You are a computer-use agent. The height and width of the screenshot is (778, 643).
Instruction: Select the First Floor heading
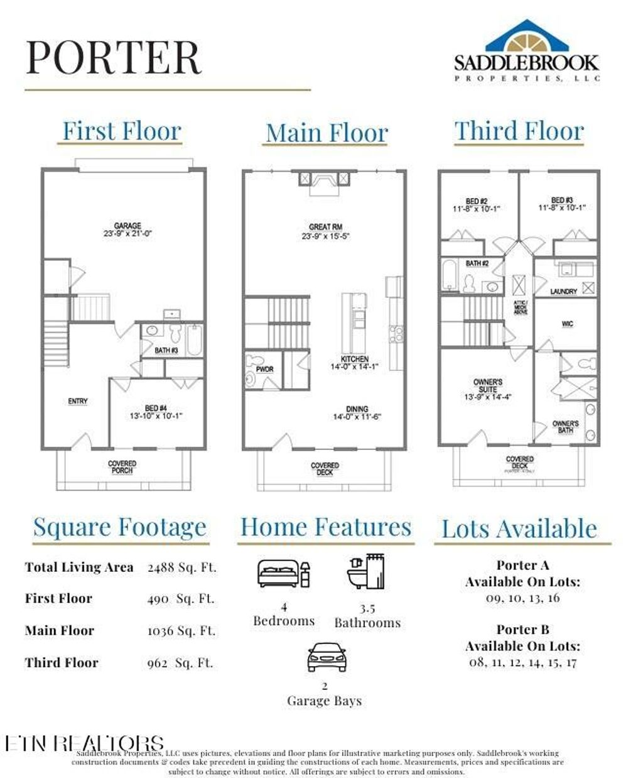121,131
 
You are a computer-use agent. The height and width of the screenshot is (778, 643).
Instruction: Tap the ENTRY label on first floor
78,401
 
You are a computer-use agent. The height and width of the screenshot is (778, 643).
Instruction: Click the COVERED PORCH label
122,467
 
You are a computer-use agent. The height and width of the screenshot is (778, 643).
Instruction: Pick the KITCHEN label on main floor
355,359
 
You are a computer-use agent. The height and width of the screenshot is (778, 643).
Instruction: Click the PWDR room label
265,369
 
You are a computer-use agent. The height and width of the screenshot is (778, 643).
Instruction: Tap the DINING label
357,409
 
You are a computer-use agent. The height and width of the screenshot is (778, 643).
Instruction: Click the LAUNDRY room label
563,292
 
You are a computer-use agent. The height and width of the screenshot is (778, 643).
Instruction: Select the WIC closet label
567,324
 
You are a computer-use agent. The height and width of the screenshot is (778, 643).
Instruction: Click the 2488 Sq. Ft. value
182,567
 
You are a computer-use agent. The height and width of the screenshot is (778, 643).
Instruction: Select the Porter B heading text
522,630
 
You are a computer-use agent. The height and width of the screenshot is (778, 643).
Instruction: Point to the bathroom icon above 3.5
366,571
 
